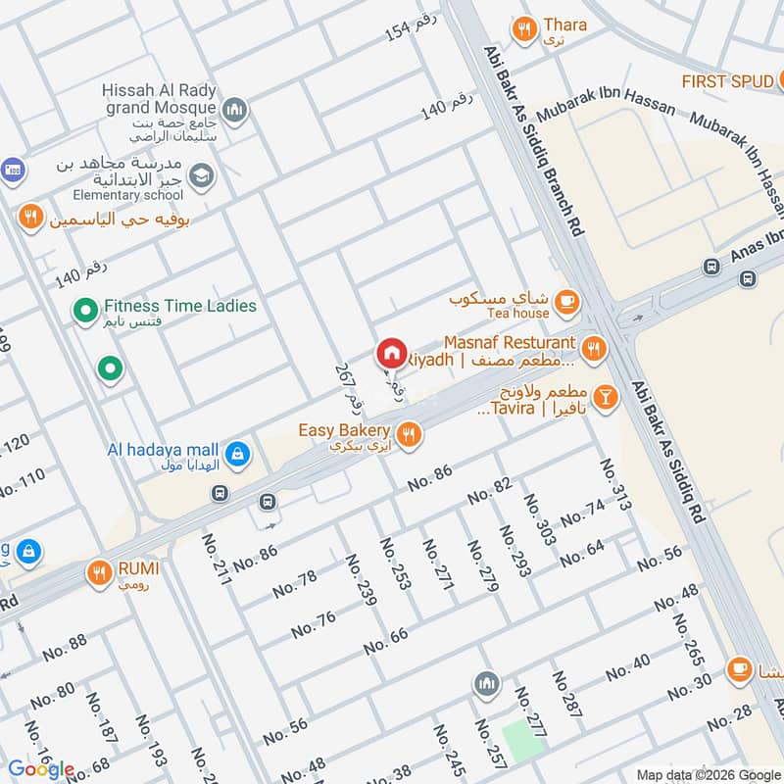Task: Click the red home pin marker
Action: [391, 353]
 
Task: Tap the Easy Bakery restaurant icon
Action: [409, 432]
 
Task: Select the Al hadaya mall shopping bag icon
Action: [236, 454]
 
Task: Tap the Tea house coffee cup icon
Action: [565, 303]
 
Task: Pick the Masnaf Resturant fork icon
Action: [592, 347]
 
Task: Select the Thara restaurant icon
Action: [524, 29]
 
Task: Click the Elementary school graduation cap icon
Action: [201, 176]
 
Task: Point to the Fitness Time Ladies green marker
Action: [85, 312]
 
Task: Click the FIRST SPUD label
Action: [728, 81]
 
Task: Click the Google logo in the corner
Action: [42, 769]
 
